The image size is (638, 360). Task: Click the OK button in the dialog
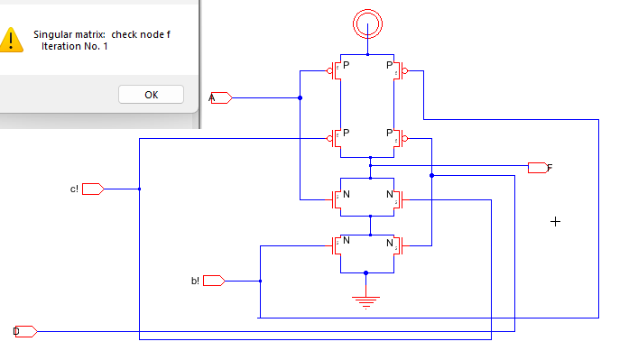click(x=151, y=95)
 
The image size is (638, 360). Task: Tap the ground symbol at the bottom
click(x=365, y=301)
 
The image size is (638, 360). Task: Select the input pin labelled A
click(x=221, y=97)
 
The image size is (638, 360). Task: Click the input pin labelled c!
click(x=94, y=189)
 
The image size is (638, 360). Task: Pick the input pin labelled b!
click(x=214, y=281)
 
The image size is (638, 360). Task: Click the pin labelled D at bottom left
click(x=25, y=331)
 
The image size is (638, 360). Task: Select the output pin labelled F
click(x=538, y=167)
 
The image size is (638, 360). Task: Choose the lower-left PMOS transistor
click(x=337, y=138)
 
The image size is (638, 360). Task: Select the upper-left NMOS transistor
click(x=338, y=198)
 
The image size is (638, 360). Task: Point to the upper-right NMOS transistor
click(x=395, y=198)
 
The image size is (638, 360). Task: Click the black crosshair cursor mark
click(x=555, y=221)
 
